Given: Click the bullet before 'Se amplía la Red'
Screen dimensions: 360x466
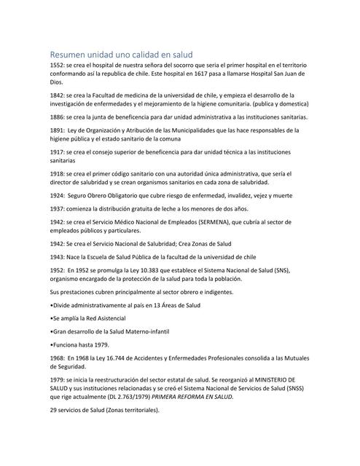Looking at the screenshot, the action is pyautogui.click(x=51, y=318).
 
